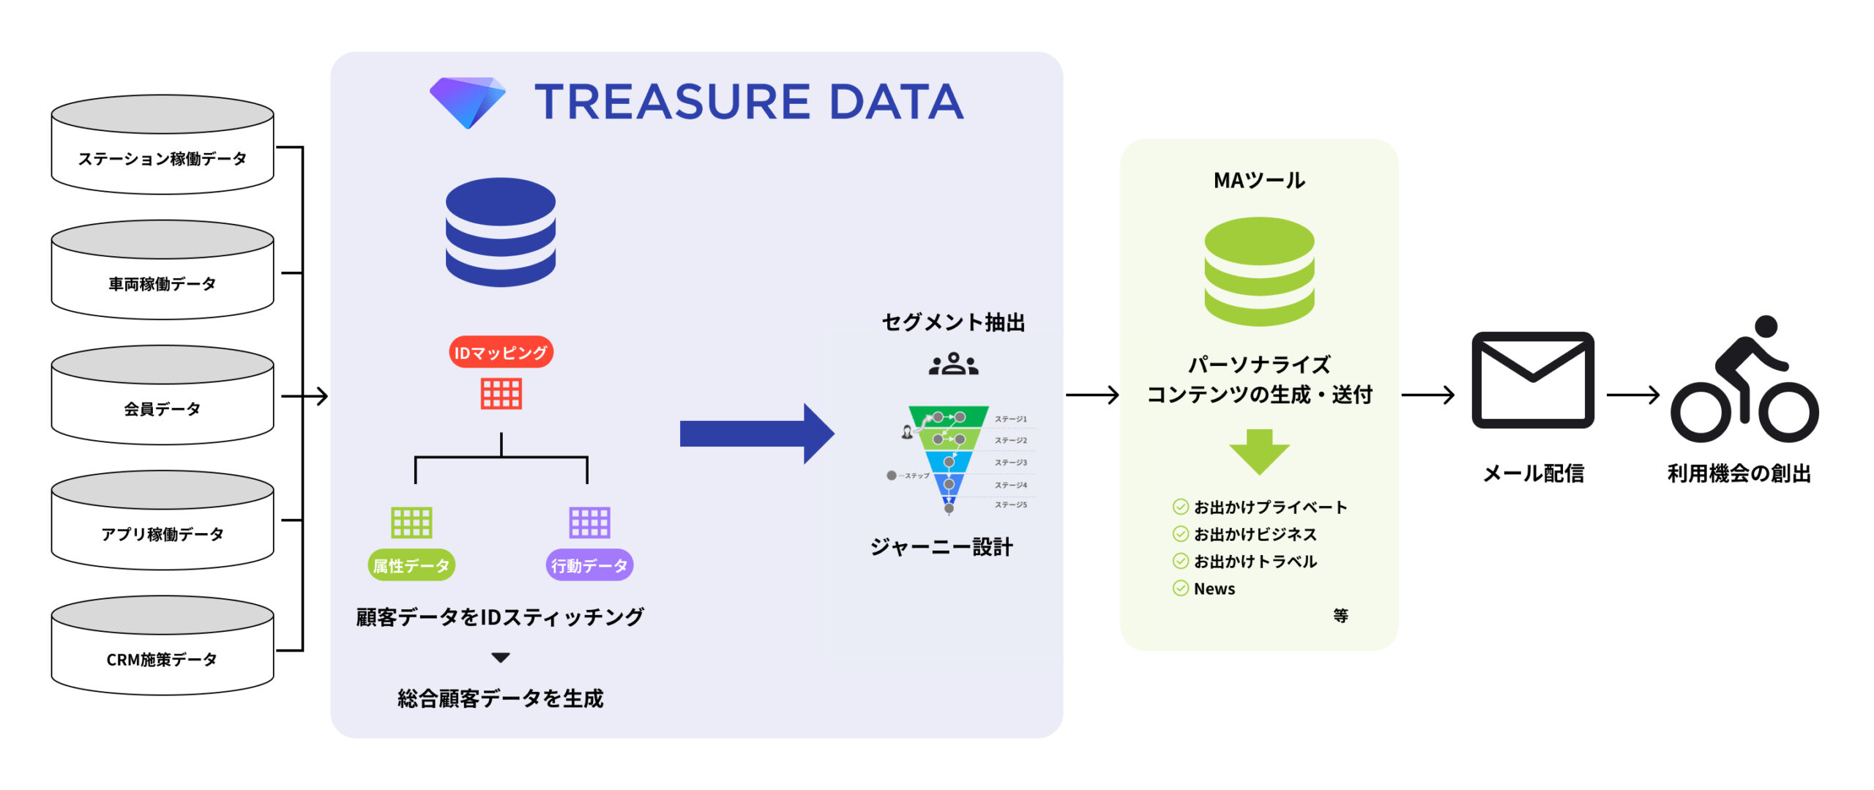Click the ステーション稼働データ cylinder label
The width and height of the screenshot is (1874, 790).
(162, 159)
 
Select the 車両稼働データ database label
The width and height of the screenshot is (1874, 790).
(162, 284)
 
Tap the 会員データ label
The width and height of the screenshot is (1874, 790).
(162, 409)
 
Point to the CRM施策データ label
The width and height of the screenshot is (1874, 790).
(162, 660)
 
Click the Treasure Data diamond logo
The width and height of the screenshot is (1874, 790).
(468, 102)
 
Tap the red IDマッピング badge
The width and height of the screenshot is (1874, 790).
(501, 353)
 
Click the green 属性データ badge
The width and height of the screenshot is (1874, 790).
(411, 565)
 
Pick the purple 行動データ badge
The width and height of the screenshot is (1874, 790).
(589, 565)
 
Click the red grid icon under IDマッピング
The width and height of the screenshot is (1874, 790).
(501, 394)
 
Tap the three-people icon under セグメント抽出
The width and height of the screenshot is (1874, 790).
(953, 364)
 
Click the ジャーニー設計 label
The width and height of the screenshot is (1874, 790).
(941, 547)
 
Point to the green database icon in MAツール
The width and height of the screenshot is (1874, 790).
(1259, 271)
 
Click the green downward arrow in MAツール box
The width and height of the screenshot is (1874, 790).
(1259, 451)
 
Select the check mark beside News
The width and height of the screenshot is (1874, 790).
(1180, 589)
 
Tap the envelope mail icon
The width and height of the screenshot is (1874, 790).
(1533, 380)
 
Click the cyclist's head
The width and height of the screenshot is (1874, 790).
(1766, 327)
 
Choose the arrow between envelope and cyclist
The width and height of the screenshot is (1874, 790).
(1632, 395)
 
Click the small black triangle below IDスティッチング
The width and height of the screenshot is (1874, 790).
(501, 657)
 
